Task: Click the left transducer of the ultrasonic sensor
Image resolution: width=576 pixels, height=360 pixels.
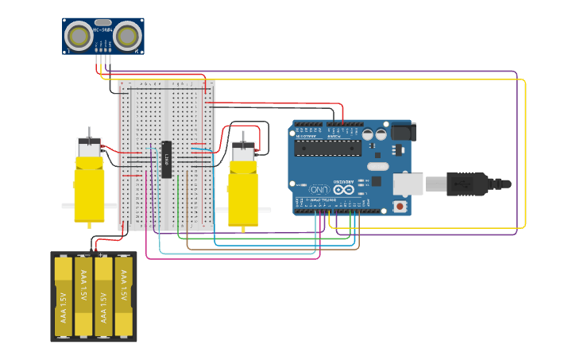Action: pos(78,36)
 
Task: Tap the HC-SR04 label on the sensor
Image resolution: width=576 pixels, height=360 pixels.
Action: pos(103,29)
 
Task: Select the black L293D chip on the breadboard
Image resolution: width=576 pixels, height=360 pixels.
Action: pos(167,159)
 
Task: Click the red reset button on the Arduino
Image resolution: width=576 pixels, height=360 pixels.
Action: pos(399,207)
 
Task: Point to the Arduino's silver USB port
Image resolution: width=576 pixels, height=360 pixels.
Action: pos(408,184)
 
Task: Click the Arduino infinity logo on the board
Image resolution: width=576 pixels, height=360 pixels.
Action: pos(345,188)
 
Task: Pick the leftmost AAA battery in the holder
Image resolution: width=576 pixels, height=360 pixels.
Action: pos(64,296)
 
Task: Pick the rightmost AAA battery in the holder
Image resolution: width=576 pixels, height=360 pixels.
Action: pos(123,296)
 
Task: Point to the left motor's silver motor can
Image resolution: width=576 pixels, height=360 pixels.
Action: pos(88,148)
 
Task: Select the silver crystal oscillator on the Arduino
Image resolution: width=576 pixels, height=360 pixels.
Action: pos(377,167)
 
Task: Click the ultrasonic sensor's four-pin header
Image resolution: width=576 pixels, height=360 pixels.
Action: pos(103,57)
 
